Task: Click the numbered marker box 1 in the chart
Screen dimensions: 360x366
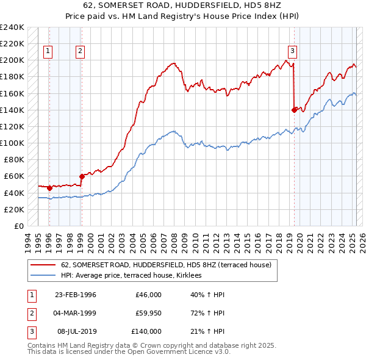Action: point(48,52)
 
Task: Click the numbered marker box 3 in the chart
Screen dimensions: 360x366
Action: point(292,52)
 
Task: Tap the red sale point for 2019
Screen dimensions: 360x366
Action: point(295,110)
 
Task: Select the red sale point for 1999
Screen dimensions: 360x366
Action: point(81,176)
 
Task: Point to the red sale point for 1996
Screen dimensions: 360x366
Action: point(49,188)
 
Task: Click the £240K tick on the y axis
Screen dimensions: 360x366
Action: point(12,27)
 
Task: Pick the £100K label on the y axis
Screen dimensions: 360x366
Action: point(12,143)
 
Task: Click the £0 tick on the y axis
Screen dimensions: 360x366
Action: point(18,226)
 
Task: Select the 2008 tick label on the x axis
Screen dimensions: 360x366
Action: point(176,241)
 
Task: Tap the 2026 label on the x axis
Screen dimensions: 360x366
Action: point(362,241)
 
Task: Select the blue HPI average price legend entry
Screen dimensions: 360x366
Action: point(135,276)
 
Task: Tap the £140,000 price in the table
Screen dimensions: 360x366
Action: point(146,331)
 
